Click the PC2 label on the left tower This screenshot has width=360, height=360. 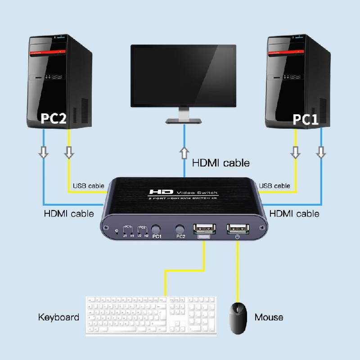pyautogui.click(x=54, y=118)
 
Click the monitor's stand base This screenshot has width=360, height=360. pyautogui.click(x=184, y=121)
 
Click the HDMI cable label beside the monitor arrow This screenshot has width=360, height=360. pyautogui.click(x=220, y=162)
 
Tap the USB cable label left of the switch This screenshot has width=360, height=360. pyautogui.click(x=88, y=186)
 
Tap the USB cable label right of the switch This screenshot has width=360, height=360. pyautogui.click(x=274, y=186)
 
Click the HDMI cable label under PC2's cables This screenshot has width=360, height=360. pyautogui.click(x=69, y=213)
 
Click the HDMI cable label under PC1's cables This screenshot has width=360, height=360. pyautogui.click(x=294, y=213)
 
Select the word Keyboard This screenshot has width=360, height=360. pyautogui.click(x=58, y=317)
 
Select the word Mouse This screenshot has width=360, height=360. pyautogui.click(x=269, y=317)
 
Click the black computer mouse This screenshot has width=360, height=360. pyautogui.click(x=238, y=317)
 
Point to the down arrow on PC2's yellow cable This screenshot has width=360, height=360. pyautogui.click(x=69, y=153)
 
